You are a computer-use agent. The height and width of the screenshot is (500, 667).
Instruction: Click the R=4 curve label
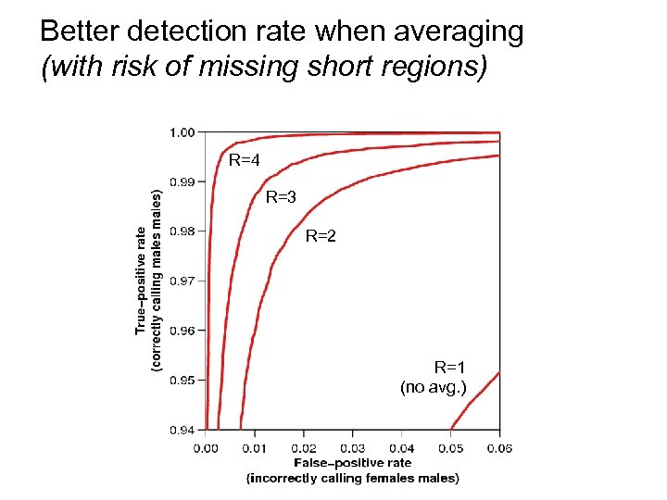point(245,160)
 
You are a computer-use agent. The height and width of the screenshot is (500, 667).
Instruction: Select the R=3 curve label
point(281,197)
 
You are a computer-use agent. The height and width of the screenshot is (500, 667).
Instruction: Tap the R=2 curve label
point(321,236)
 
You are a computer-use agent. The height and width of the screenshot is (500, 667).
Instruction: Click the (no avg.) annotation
point(433,387)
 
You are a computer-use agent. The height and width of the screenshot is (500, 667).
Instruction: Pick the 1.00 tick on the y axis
point(182,132)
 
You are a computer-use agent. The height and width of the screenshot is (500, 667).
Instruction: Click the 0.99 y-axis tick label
point(182,181)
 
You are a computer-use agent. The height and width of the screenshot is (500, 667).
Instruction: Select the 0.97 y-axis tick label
point(182,281)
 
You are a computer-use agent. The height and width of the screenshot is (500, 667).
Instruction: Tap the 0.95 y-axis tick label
point(182,380)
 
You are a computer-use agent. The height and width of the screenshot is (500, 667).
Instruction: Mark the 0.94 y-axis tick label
point(182,429)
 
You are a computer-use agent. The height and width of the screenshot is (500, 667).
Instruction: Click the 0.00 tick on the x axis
point(206,448)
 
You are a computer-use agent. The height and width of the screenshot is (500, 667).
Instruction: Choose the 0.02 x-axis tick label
point(303,448)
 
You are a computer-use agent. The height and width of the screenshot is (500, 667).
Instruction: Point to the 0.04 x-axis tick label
point(401,448)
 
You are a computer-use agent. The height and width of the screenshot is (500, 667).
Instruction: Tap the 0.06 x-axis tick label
point(499,448)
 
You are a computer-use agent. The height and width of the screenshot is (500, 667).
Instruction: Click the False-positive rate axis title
point(352,462)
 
